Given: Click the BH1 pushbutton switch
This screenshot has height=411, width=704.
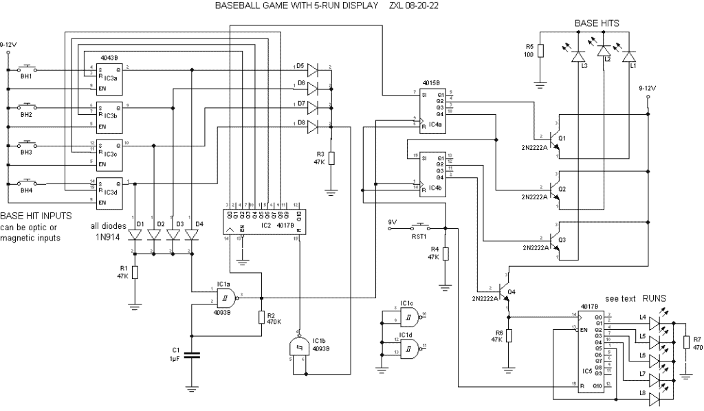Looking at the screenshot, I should (27, 69).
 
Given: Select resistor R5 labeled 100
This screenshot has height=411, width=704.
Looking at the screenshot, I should (541, 51).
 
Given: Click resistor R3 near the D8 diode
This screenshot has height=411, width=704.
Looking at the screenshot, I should (331, 159).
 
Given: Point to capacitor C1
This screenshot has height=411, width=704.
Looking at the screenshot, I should (193, 355).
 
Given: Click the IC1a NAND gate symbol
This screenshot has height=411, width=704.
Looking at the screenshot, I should (226, 298).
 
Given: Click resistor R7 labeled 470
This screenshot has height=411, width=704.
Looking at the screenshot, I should (685, 343).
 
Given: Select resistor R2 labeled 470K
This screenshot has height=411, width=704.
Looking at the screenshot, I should (262, 317).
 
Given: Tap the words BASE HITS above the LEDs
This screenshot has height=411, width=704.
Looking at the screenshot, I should (596, 23).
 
